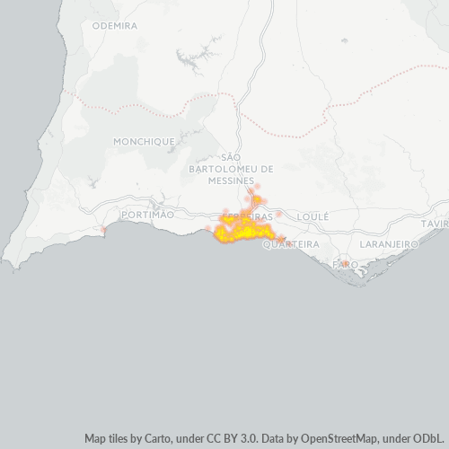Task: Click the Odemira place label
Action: click(x=115, y=26)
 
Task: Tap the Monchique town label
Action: click(x=144, y=142)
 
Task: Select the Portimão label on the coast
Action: click(x=146, y=216)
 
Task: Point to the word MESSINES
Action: click(x=231, y=180)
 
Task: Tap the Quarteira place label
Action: click(x=291, y=244)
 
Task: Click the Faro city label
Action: click(x=345, y=264)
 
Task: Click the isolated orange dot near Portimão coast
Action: click(x=104, y=230)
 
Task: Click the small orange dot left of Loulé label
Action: click(x=279, y=216)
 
